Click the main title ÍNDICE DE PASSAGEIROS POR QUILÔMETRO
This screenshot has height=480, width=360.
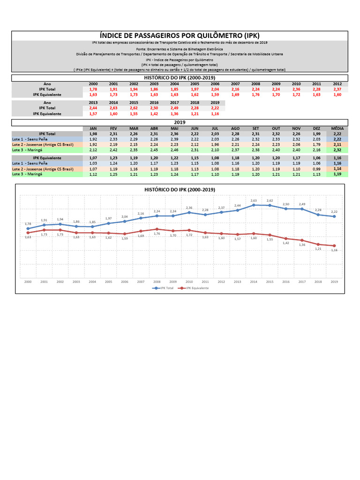coord(180,36)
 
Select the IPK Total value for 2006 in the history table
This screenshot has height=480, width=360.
coord(215,89)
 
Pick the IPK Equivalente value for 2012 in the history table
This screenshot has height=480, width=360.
coord(337,94)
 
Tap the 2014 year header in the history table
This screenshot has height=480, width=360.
coord(113,102)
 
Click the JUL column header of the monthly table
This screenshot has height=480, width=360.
coord(215,128)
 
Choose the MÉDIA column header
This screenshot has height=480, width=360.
coord(337,128)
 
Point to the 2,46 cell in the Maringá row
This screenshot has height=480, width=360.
coord(174,150)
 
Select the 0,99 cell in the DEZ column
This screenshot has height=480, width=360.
coord(316,169)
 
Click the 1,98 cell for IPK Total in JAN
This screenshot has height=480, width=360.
coord(93,134)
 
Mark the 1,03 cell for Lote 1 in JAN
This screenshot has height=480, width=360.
coord(93,163)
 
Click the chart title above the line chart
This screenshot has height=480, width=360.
coord(180,189)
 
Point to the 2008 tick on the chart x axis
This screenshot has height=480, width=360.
coord(157,282)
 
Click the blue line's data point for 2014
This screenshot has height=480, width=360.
coord(254,205)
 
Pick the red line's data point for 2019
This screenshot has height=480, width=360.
coord(334,246)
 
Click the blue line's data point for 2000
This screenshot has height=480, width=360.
coord(28,228)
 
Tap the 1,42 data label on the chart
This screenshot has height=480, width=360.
coord(285,243)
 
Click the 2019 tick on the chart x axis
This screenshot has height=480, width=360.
coord(334,282)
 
